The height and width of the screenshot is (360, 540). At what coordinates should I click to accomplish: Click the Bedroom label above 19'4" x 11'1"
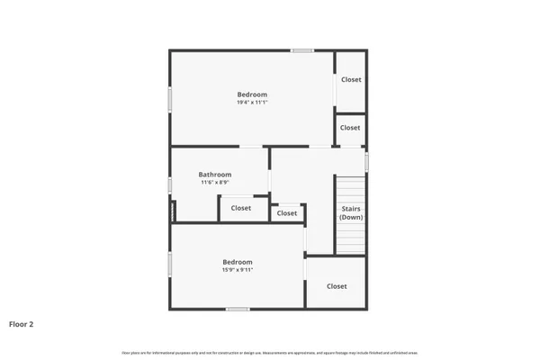pos(252,94)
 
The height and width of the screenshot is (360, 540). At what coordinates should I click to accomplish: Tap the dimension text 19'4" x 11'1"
pos(252,103)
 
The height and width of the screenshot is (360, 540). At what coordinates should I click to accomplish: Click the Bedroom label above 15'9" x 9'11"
pos(238,262)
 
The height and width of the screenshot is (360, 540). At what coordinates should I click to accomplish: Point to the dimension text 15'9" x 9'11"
pos(238,270)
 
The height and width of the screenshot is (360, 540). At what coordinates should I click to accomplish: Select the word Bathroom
pos(215,175)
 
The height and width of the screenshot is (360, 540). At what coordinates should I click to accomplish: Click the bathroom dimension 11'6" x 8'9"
pos(215,183)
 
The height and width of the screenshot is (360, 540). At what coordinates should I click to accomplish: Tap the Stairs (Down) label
pos(351,213)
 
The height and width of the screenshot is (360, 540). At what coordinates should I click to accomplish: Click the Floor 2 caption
pos(22,323)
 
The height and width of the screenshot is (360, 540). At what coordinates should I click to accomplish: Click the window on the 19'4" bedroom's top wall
pos(302,50)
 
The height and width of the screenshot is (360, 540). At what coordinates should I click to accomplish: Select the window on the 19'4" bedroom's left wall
pos(170,98)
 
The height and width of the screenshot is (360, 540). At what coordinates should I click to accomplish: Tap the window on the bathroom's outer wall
pos(170,185)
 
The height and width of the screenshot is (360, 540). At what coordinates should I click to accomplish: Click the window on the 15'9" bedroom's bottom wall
pos(238,310)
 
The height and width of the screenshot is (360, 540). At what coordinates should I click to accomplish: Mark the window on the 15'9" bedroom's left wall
pos(170,265)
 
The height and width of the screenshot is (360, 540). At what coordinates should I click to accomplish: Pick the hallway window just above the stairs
pos(366,161)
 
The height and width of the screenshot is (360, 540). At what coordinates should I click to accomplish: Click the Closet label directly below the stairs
pos(337,286)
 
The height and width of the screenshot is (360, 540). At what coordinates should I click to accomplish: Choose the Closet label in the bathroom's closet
pos(241,208)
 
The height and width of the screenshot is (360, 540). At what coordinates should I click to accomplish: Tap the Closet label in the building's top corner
pos(351,79)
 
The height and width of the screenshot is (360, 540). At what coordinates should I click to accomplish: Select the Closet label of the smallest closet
pos(287,213)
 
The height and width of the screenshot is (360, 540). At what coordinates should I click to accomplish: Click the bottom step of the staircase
pos(351,251)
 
